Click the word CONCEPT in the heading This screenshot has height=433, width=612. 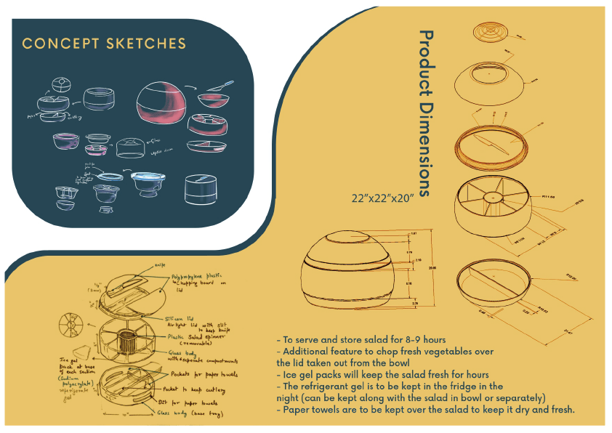point(55,44)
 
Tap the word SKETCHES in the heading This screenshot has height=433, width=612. point(138,44)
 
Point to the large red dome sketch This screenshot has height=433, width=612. point(161,103)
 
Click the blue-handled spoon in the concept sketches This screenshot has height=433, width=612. point(215,91)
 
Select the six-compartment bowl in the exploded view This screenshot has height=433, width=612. point(492,209)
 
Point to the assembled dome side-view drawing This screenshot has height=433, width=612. point(360,275)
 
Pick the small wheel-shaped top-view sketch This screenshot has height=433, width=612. point(70,324)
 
